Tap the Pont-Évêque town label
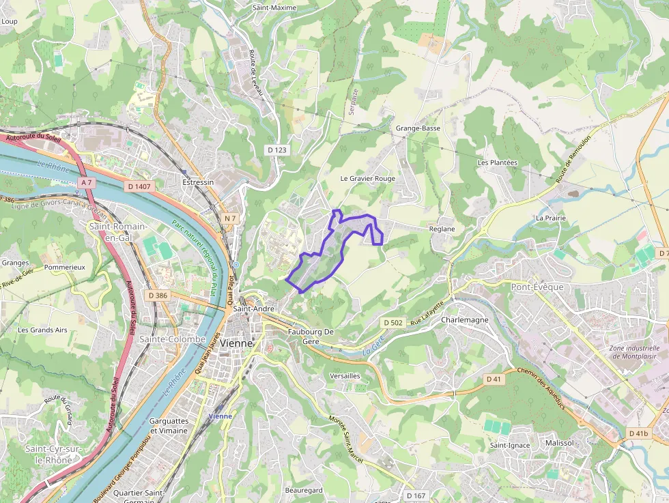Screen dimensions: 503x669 pos(537,287)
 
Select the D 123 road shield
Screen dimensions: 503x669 pos(276,149)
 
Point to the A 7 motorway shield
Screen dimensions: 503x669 pos(85,183)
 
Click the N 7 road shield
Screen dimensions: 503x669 pos(230,218)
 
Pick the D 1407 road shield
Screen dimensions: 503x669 pos(139,186)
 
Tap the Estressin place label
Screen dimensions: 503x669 pos(198,183)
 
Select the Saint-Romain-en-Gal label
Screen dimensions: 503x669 pos(118,231)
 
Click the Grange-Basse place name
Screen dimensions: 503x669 pos(418,128)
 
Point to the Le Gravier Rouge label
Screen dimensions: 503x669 pos(368,178)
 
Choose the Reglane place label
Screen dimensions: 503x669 pos(442,229)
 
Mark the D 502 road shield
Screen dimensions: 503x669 pos(393,322)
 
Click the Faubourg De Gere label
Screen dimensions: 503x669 pos(311,336)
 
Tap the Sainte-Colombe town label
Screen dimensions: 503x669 pos(172,339)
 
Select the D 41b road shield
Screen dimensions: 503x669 pos(638,433)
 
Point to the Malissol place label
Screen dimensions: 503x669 pos(560,443)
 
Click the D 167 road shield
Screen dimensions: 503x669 pos(415,495)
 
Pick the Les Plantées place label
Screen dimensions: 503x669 pos(498,163)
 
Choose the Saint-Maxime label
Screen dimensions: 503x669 pos(274,8)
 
